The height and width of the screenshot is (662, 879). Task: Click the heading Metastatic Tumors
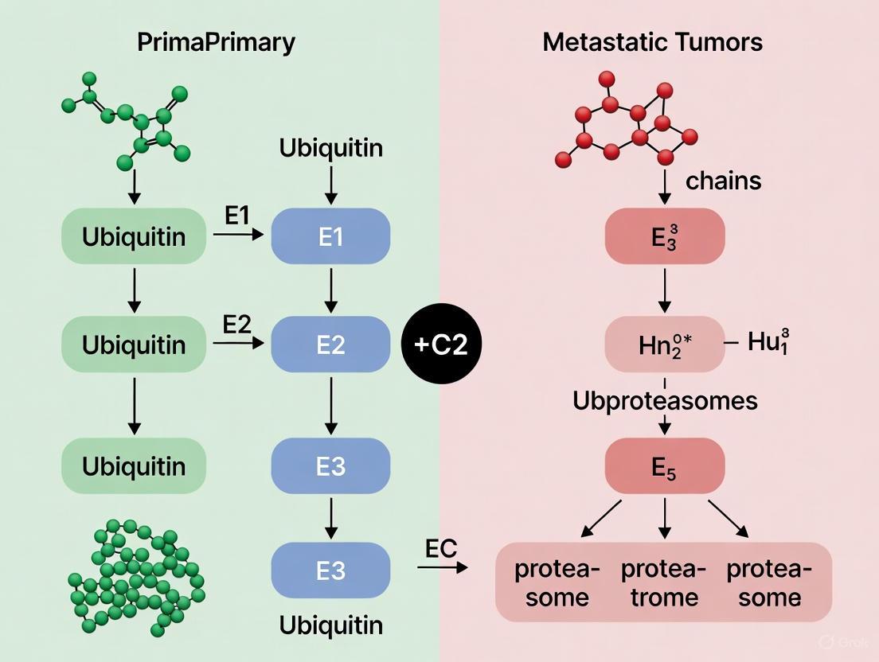(x=652, y=42)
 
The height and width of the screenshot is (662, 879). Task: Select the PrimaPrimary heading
(x=216, y=42)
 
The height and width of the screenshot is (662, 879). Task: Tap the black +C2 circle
(x=443, y=345)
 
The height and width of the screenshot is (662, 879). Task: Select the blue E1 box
(x=330, y=236)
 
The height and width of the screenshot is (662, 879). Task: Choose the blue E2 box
(x=330, y=345)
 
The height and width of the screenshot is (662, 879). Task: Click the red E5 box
(x=665, y=466)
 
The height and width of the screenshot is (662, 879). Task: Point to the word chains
(x=723, y=181)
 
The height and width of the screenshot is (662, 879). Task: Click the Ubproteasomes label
(x=665, y=400)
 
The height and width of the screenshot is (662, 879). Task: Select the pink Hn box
(x=665, y=345)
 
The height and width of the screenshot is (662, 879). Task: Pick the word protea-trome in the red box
(x=663, y=583)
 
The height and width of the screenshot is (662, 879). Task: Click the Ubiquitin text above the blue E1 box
(x=330, y=148)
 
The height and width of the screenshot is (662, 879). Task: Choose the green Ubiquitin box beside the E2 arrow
(x=134, y=345)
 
